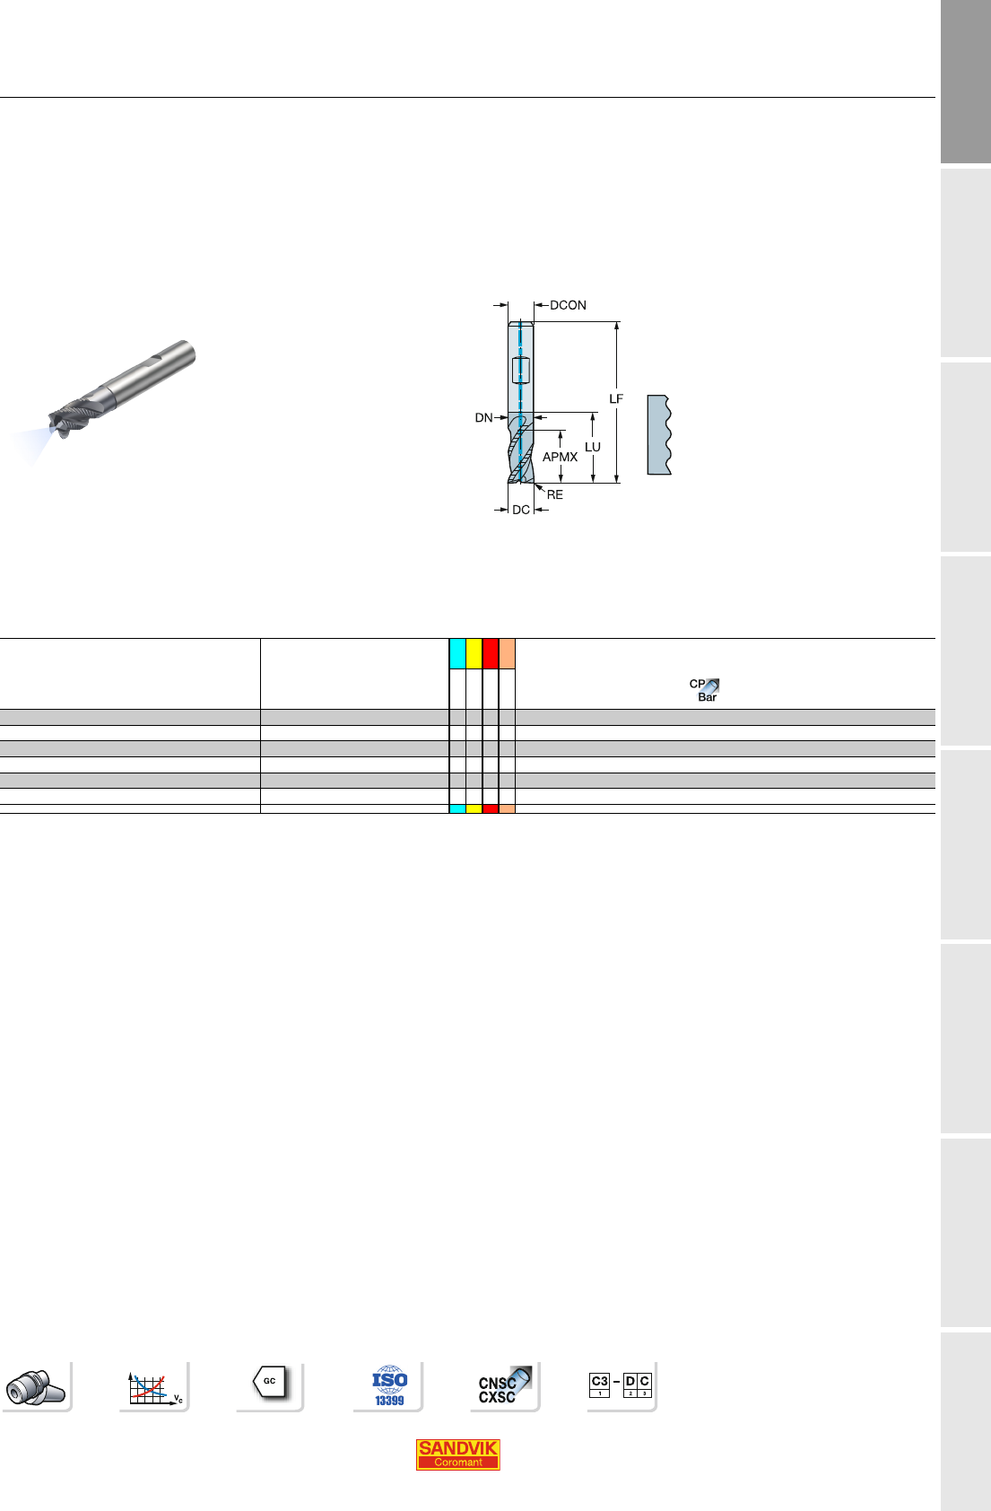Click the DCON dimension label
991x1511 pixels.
(568, 306)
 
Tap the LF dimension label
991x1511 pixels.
(616, 399)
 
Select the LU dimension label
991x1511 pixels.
(593, 447)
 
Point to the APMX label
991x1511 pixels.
(561, 458)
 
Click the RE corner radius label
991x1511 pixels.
(555, 495)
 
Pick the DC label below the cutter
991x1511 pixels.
(521, 510)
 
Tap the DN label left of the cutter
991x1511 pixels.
(483, 418)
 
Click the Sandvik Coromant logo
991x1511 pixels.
(458, 1454)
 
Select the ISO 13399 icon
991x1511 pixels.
(389, 1385)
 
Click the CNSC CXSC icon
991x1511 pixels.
(504, 1385)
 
